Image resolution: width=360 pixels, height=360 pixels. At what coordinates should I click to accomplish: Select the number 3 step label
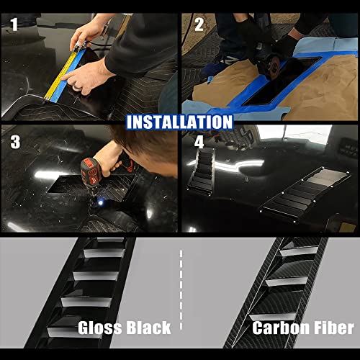pos(14,141)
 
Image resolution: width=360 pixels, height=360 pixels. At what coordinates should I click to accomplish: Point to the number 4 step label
pos(199,141)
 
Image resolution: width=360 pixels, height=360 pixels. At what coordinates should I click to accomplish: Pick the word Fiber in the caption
pos(333,328)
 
